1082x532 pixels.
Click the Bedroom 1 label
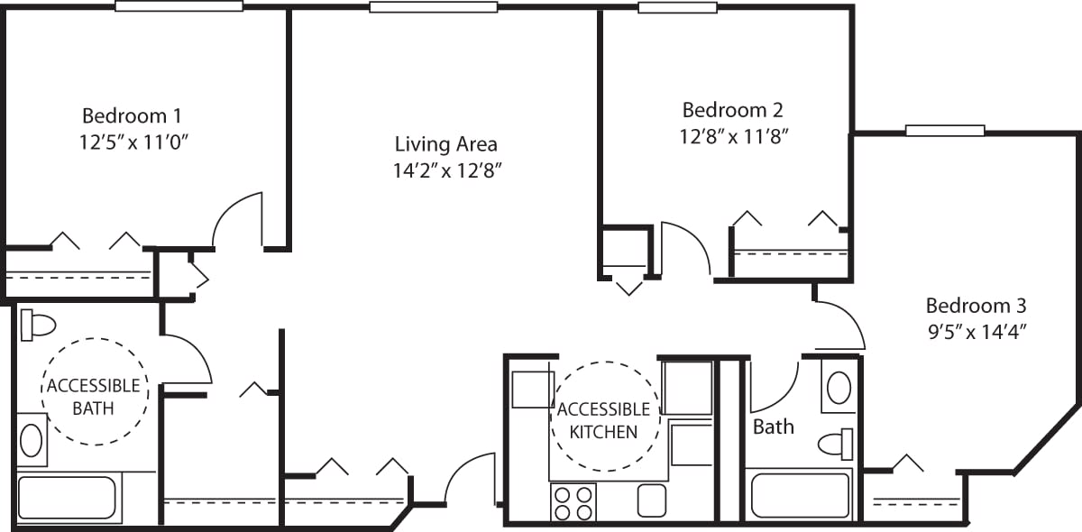coord(133,115)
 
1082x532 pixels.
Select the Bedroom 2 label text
coord(732,110)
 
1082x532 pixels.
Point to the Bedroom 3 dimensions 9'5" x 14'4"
coord(977,331)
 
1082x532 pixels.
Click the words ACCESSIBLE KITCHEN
coord(603,420)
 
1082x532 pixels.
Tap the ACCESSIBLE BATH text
coord(93,397)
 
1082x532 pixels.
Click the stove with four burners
coord(573,502)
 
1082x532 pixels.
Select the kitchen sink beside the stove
coord(651,500)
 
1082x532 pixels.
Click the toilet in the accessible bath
coord(38,324)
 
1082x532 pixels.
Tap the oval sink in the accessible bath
coord(31,441)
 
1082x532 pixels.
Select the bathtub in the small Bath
coord(800,495)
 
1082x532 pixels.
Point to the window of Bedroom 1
coord(179,5)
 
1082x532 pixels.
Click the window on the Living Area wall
coord(433,6)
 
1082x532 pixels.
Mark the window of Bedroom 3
coord(945,130)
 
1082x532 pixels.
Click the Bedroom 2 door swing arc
coord(685,248)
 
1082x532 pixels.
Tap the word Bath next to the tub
coord(774,427)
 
